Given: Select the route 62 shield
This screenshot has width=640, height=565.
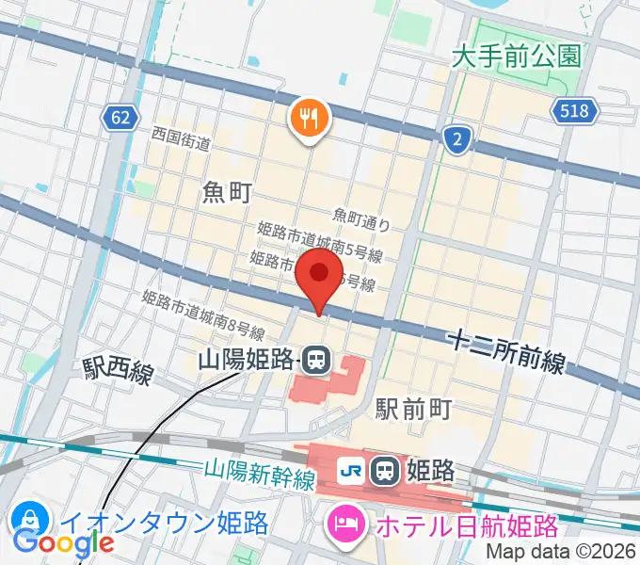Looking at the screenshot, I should (119, 118).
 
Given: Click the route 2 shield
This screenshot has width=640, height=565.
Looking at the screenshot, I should (456, 140).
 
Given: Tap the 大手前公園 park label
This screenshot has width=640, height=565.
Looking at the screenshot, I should (515, 56).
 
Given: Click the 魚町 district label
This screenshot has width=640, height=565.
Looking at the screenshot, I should (227, 193).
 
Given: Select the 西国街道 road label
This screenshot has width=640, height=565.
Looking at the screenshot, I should (180, 139).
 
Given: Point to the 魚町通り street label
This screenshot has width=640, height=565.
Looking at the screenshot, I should (360, 219).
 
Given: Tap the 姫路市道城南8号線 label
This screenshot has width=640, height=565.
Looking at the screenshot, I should (202, 315).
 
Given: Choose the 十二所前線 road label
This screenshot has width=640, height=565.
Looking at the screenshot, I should (506, 350).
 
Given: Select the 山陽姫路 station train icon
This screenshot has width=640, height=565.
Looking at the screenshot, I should (317, 359).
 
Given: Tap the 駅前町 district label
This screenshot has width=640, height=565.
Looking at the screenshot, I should (414, 408).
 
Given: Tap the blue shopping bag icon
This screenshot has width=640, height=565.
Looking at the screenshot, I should (29, 520).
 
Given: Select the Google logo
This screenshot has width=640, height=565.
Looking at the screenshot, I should (63, 542).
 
